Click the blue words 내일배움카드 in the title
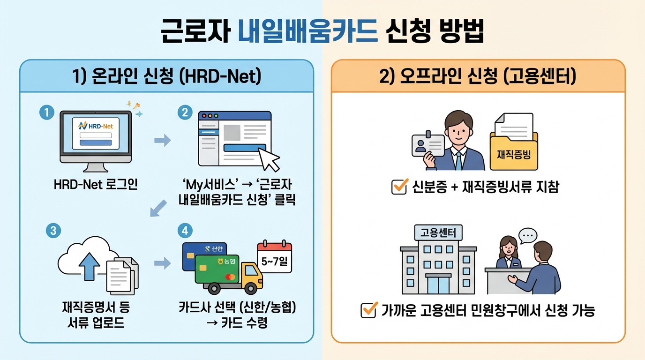pos(307,32)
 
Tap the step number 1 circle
pos(47,112)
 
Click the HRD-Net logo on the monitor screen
pos(96,125)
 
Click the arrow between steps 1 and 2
pos(162,140)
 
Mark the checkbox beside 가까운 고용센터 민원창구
pos(369,310)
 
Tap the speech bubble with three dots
pos(528,234)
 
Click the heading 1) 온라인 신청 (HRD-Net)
pos(166,76)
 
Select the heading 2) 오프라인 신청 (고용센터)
pos(478,76)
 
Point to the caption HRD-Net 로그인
pos(96,184)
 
